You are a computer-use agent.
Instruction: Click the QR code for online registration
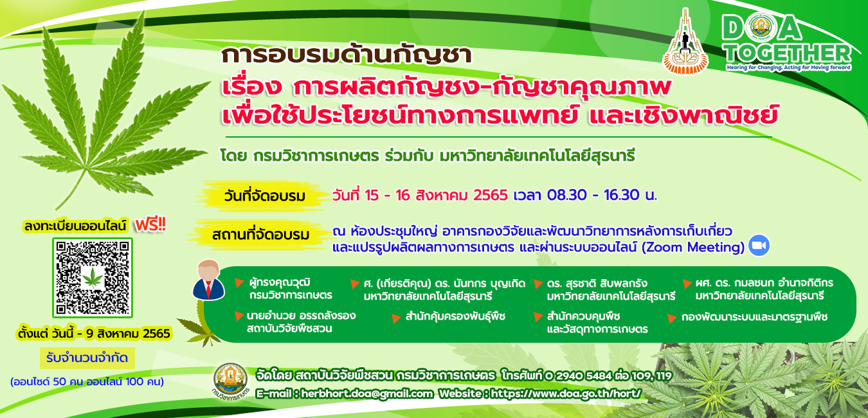[93, 278]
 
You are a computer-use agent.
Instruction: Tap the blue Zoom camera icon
[759, 246]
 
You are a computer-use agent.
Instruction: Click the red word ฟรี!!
[150, 224]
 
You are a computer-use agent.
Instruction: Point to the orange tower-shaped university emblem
[685, 42]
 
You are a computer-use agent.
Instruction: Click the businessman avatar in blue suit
[208, 280]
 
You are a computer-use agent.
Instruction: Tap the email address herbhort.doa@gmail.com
[366, 394]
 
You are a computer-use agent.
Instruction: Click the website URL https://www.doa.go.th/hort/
[566, 394]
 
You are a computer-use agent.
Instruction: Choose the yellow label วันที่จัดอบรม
[264, 196]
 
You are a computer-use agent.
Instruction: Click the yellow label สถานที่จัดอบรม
[260, 235]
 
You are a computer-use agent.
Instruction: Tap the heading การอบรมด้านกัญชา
[346, 55]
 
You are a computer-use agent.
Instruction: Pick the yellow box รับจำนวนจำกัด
[87, 358]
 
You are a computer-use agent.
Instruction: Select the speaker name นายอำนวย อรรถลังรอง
[301, 315]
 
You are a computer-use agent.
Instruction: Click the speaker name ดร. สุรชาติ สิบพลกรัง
[597, 283]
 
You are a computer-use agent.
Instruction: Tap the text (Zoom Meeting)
[693, 247]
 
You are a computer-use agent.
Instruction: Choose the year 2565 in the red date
[490, 195]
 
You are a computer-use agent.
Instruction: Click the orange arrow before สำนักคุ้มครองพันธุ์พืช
[395, 318]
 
